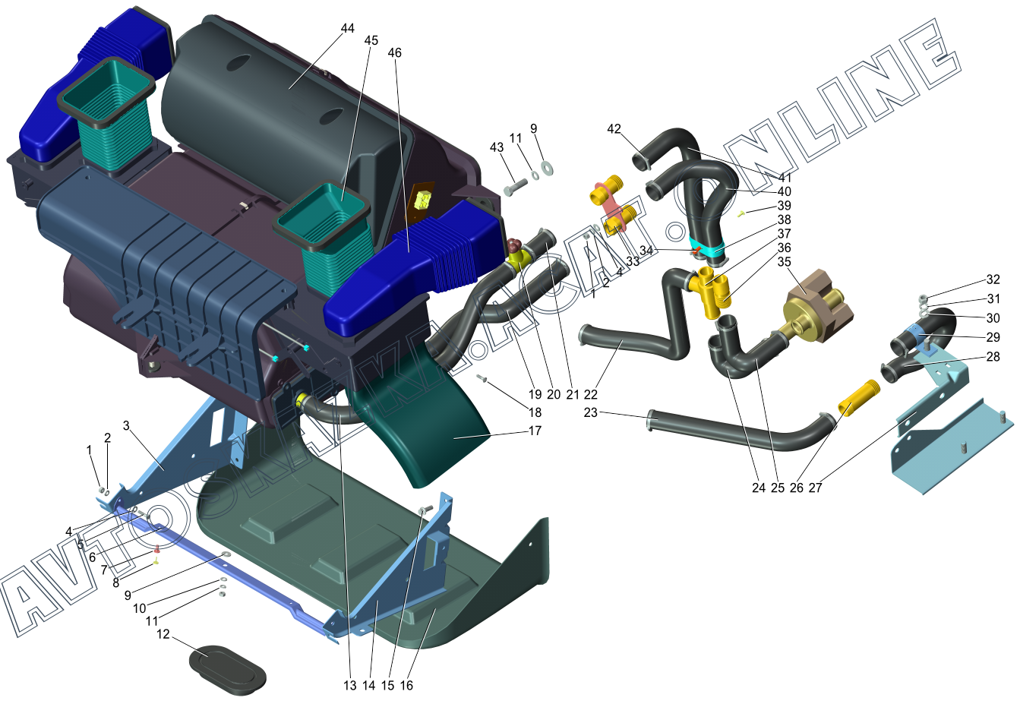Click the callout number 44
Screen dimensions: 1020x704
point(347,28)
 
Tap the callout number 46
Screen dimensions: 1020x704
point(394,53)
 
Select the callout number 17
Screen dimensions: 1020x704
point(535,431)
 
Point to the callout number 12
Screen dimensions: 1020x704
point(163,634)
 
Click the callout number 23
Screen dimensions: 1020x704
point(590,412)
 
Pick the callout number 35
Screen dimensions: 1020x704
point(784,262)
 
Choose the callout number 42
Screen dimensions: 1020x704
point(614,129)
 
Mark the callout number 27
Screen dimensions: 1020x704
point(815,488)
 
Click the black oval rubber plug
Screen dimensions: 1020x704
point(227,669)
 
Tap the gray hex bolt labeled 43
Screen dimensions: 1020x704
point(516,186)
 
